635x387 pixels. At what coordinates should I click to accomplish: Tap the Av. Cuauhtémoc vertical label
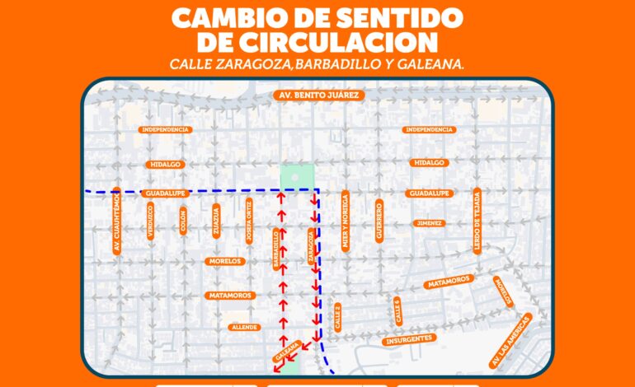point(118,222)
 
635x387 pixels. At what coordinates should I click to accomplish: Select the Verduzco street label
point(150,221)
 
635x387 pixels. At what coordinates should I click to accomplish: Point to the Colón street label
point(183,221)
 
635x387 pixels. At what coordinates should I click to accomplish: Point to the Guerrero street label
point(379,220)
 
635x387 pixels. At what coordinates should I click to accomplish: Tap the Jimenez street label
point(429,223)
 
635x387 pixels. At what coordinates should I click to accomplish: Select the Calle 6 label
point(397,311)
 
